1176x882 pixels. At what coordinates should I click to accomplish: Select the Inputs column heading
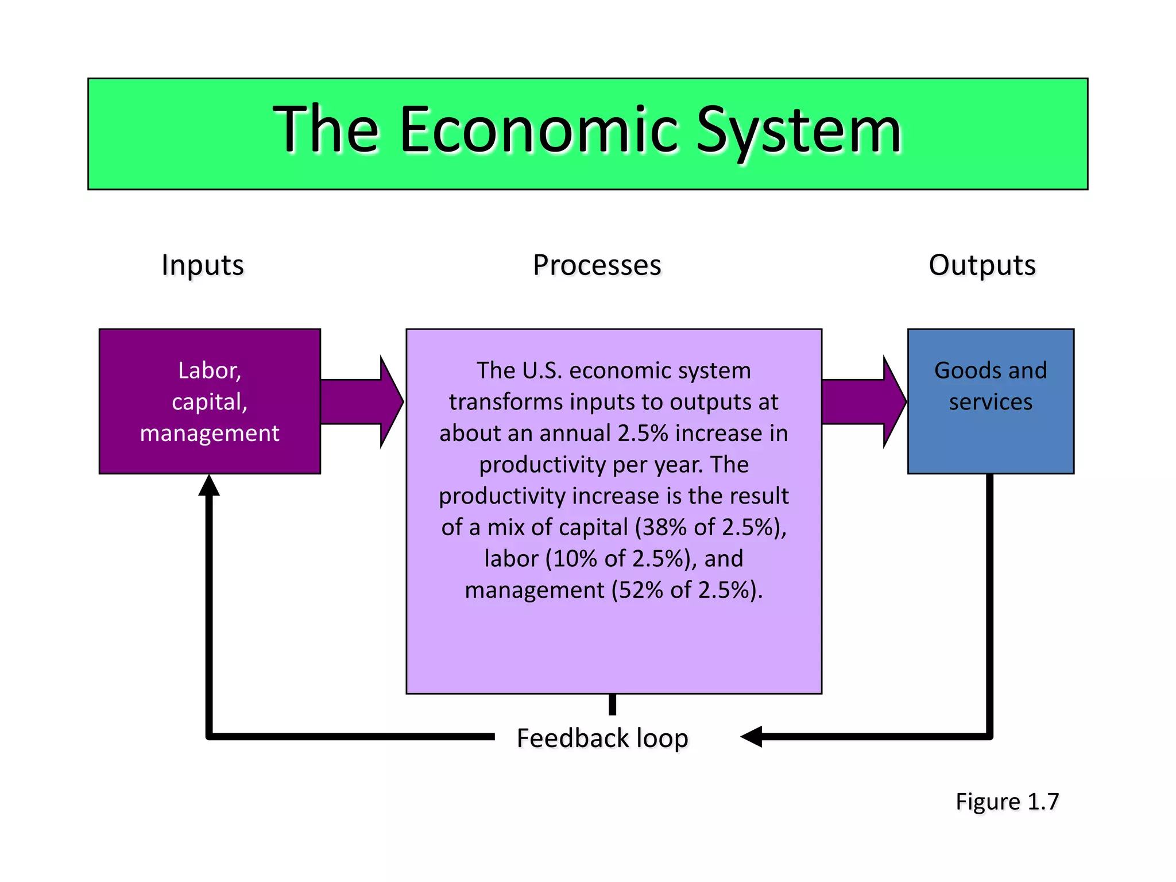(203, 265)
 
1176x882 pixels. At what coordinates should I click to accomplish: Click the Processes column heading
(597, 265)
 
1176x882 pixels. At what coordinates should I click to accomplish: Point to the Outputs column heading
(982, 265)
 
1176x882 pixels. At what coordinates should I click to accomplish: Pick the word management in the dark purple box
(210, 433)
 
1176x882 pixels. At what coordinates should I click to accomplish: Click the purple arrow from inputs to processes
(362, 402)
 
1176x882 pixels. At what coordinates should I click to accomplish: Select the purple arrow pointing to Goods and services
(864, 402)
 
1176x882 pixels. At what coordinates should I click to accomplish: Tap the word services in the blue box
(991, 402)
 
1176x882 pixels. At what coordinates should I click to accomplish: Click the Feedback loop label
(602, 738)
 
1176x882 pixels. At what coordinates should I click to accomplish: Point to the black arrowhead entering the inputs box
(209, 485)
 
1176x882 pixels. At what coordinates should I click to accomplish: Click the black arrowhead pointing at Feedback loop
(752, 736)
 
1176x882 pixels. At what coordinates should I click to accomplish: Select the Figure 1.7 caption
(1007, 802)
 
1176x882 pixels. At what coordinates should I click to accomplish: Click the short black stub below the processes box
(613, 705)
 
